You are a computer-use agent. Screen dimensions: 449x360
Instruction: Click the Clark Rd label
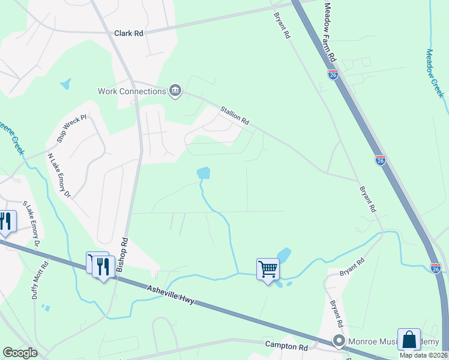[128, 34]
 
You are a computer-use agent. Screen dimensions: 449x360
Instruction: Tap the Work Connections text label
[131, 91]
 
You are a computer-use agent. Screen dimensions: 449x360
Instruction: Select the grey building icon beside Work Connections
[175, 91]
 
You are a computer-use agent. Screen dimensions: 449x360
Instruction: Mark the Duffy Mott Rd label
[40, 280]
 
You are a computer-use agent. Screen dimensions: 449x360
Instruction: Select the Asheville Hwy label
[171, 294]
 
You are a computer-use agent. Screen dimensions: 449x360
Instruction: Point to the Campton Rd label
[286, 346]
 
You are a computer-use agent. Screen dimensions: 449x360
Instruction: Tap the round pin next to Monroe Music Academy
[339, 342]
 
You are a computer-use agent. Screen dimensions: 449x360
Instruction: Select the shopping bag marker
[409, 339]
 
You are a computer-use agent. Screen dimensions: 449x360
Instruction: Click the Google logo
[20, 353]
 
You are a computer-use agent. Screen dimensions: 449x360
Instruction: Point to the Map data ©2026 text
[423, 355]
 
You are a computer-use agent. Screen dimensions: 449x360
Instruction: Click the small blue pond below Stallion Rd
[204, 173]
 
